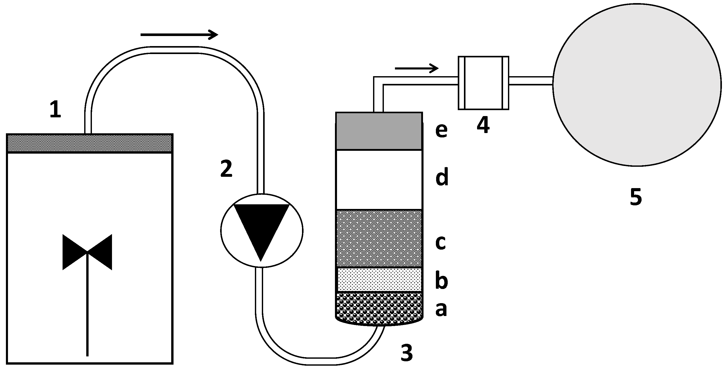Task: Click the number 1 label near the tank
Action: (x=55, y=110)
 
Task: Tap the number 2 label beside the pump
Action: (x=226, y=169)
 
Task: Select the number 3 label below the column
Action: (x=407, y=353)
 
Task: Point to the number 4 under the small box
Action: (x=483, y=125)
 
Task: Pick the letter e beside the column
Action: (x=441, y=130)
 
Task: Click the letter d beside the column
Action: (x=442, y=177)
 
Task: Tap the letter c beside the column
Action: (x=441, y=242)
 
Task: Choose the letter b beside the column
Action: (x=441, y=281)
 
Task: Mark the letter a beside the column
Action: (x=441, y=309)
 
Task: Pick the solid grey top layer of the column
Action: (x=379, y=131)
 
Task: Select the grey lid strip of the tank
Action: (x=90, y=143)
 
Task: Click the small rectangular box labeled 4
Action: (x=483, y=83)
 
